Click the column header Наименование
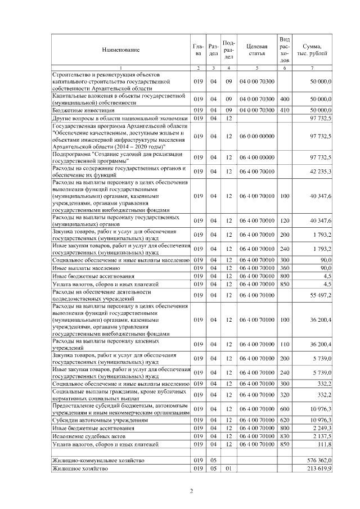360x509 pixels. click(120, 50)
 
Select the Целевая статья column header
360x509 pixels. click(256, 50)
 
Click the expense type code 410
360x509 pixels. click(285, 111)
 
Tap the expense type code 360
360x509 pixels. click(285, 269)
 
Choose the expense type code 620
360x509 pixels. click(285, 420)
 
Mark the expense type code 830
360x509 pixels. click(285, 436)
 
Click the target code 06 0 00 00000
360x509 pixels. click(256, 137)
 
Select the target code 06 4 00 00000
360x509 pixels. click(256, 157)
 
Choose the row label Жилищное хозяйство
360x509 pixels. click(78, 468)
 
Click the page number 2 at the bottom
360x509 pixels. click(191, 491)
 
